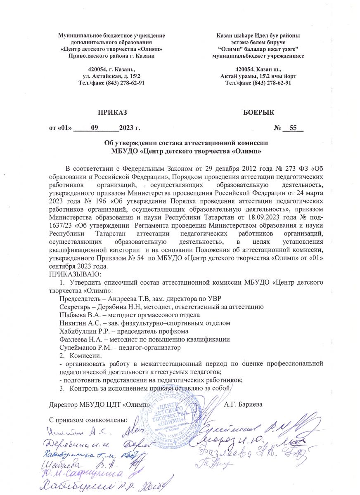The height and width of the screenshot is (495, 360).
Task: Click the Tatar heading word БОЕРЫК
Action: pos(259,113)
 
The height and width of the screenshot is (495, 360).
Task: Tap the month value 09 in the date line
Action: pos(94,128)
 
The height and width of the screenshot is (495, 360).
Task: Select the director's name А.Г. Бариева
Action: pos(243,404)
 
